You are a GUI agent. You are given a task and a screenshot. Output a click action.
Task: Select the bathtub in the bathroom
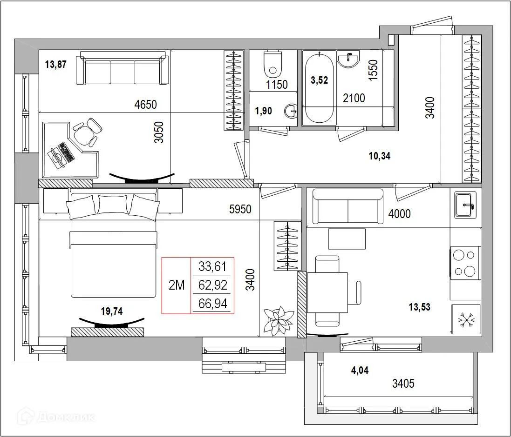click(319, 88)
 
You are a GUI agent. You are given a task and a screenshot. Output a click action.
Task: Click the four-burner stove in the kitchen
click(465, 262)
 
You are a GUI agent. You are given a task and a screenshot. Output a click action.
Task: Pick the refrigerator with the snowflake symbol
click(465, 319)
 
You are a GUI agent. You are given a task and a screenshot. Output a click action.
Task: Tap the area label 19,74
click(112, 311)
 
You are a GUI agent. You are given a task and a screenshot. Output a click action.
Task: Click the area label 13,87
click(55, 65)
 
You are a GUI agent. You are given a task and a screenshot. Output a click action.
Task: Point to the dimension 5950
click(240, 209)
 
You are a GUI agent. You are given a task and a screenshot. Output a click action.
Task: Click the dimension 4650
click(145, 105)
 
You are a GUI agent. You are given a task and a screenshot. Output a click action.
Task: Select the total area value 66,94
click(212, 304)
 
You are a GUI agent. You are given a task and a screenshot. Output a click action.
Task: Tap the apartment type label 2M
click(177, 285)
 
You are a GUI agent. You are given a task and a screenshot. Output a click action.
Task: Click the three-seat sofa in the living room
click(123, 70)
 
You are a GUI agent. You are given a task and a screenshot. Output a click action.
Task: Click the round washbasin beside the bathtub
click(348, 59)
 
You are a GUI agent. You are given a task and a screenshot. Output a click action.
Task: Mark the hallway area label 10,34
click(379, 156)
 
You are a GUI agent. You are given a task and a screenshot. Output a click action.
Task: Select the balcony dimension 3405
click(403, 384)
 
